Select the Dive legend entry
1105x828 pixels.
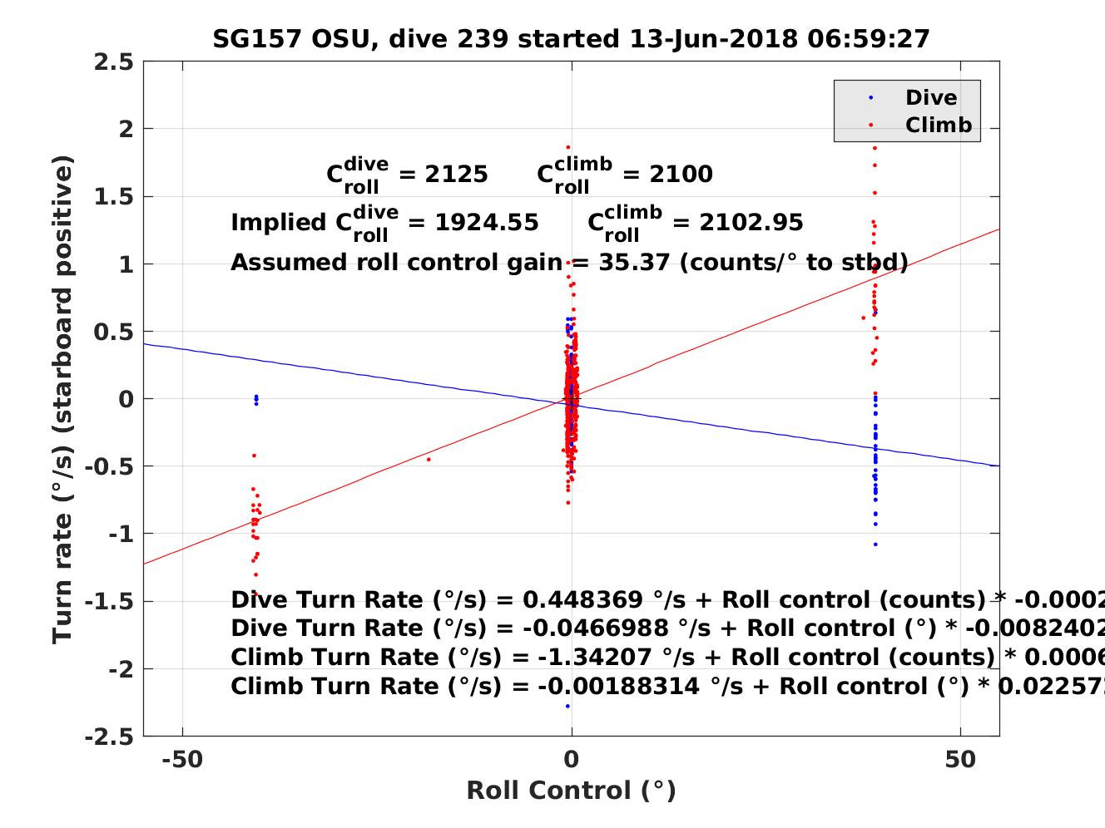pyautogui.click(x=930, y=98)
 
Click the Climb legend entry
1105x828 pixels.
pyautogui.click(x=938, y=126)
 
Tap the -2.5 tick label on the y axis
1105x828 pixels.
pyautogui.click(x=108, y=737)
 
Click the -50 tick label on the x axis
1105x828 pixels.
pyautogui.click(x=182, y=760)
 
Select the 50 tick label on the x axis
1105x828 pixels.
pyautogui.click(x=960, y=760)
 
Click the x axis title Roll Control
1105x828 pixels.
pyautogui.click(x=571, y=791)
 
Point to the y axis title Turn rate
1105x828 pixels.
pyautogui.click(x=63, y=399)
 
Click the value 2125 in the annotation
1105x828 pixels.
pyautogui.click(x=456, y=174)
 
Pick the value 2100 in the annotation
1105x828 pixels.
pyautogui.click(x=681, y=174)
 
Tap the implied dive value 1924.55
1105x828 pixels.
pyautogui.click(x=486, y=223)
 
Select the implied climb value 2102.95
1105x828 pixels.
pyautogui.click(x=751, y=223)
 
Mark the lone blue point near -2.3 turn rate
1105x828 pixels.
pyautogui.click(x=567, y=707)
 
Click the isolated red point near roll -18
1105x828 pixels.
pyautogui.click(x=429, y=459)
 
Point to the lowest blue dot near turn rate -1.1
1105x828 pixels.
pyautogui.click(x=875, y=545)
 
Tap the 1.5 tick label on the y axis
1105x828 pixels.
pyautogui.click(x=116, y=197)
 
